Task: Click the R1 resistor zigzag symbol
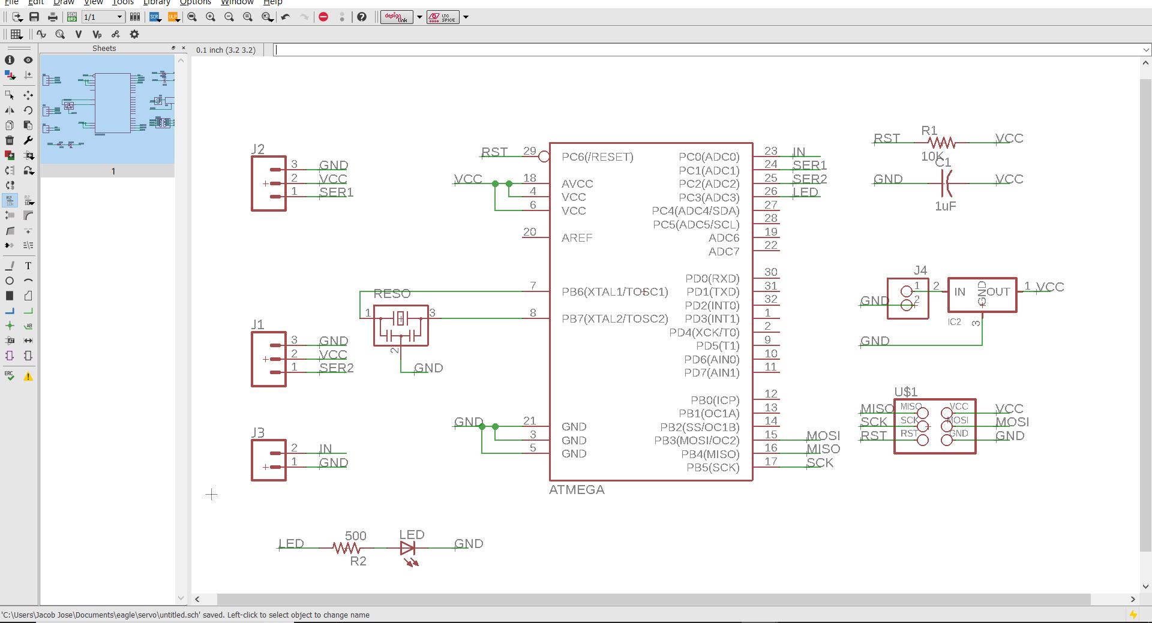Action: [941, 143]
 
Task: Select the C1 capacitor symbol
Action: [945, 183]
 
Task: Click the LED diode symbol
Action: [408, 548]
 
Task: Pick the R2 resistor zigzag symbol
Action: [347, 548]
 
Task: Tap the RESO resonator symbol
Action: [401, 325]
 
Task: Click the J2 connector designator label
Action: [258, 149]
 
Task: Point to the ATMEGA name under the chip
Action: [577, 490]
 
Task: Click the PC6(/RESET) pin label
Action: [597, 157]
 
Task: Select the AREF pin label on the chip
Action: [577, 238]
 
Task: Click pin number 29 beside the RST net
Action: [529, 151]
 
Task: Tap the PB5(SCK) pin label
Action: [713, 468]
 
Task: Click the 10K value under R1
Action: [932, 156]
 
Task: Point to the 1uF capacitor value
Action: [945, 206]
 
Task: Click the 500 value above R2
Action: [355, 535]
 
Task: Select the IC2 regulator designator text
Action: [954, 322]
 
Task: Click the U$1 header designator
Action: [905, 392]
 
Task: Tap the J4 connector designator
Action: [920, 270]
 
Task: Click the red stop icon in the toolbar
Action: [323, 17]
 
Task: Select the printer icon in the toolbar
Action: [53, 17]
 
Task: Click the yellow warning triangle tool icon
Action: [28, 377]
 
